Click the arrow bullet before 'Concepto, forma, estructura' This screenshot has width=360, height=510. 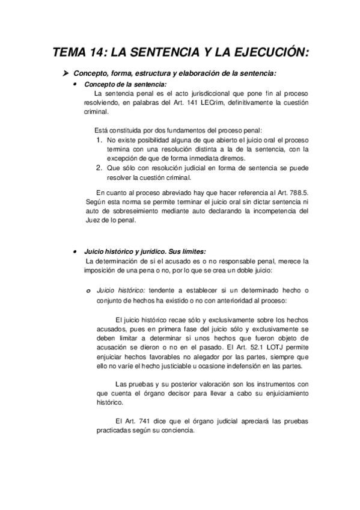coord(67,74)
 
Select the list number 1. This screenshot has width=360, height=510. coord(100,140)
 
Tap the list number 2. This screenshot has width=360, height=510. coord(100,168)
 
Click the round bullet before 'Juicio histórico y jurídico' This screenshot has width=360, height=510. coord(74,252)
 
